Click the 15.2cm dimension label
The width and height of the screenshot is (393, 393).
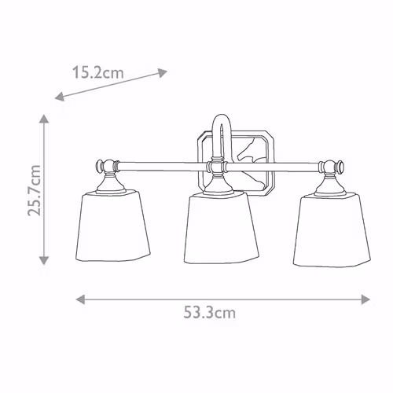coord(97,72)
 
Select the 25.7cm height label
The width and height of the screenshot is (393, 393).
coord(35,190)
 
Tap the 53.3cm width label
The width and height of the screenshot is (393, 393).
coord(209,312)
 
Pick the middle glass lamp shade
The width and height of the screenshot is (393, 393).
coord(222,228)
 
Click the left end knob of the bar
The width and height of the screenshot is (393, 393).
coord(99,166)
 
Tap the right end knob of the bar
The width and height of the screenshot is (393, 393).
coord(340,167)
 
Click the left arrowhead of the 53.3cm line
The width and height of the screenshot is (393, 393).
coord(80,299)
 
